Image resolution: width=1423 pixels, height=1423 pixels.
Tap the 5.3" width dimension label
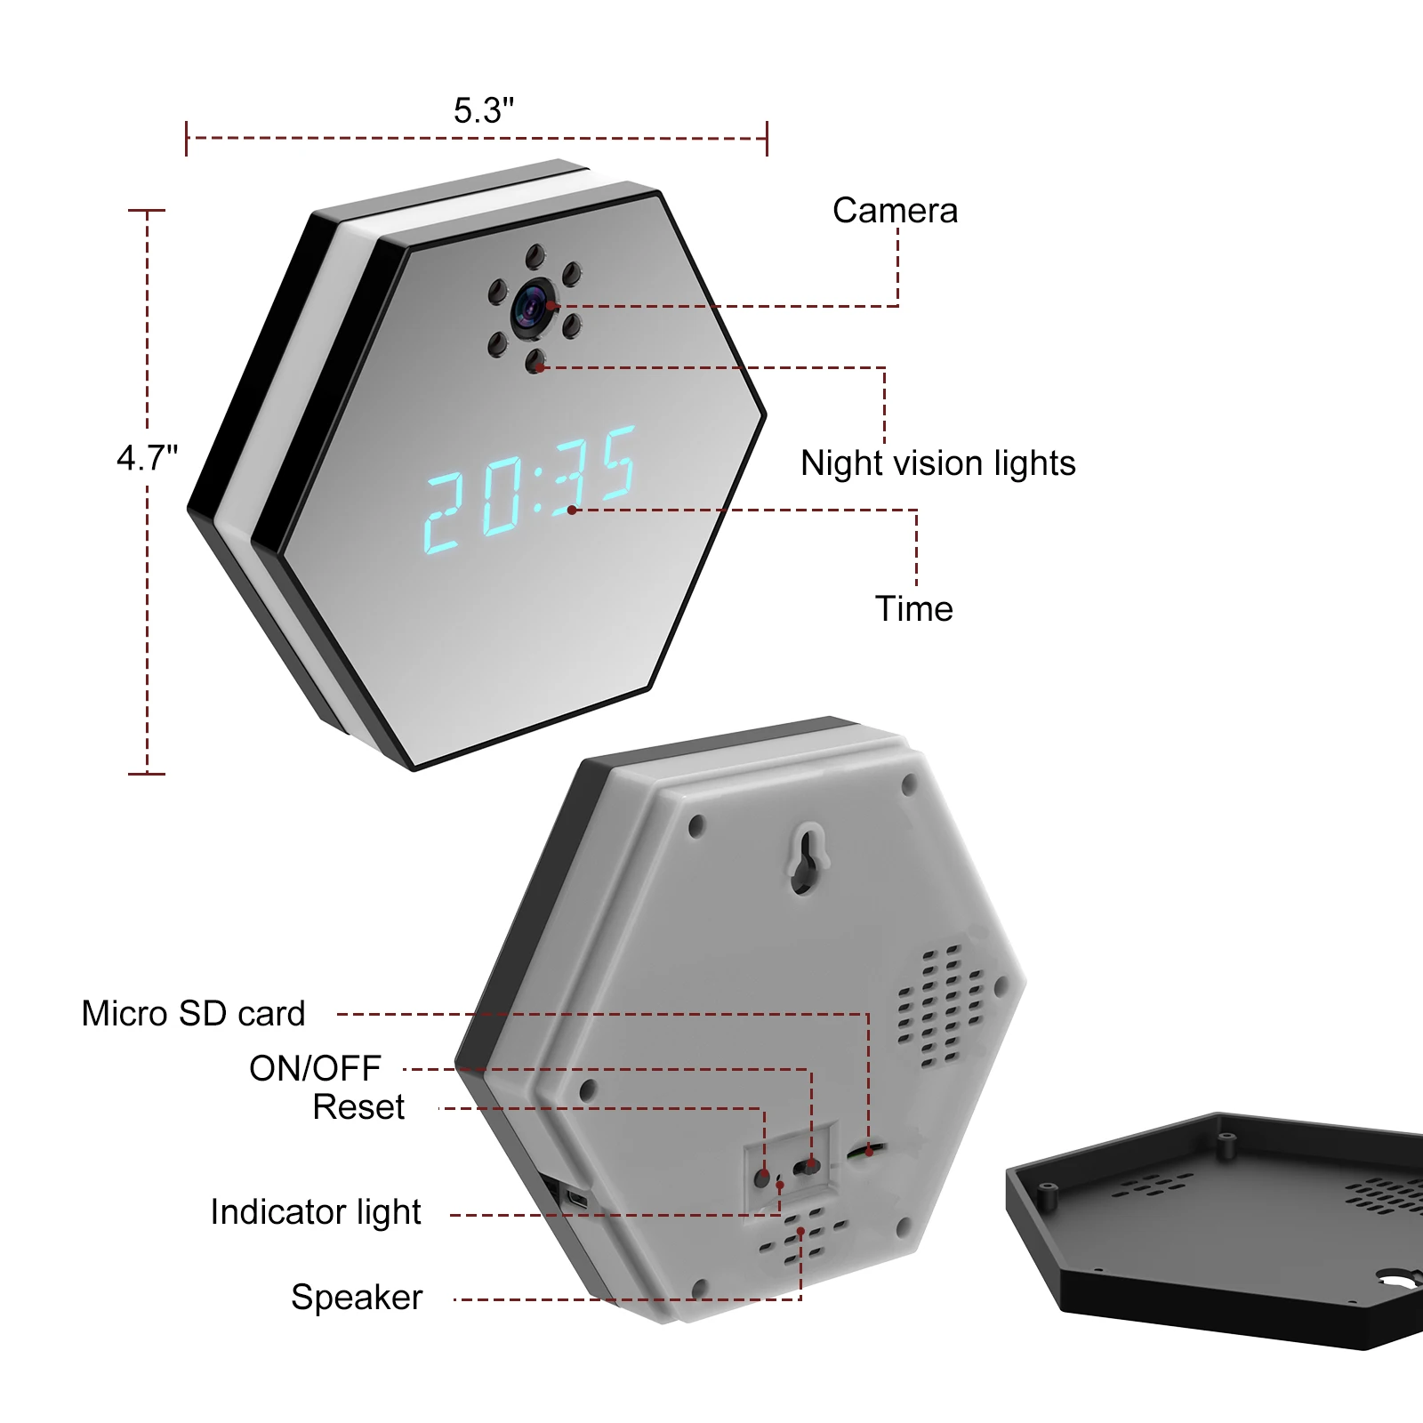click(x=483, y=111)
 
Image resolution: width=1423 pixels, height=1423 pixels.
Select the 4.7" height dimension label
click(x=147, y=458)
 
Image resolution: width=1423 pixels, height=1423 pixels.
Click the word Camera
click(x=895, y=211)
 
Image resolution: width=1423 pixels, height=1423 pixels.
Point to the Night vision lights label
click(x=937, y=463)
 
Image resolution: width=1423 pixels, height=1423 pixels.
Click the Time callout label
click(x=913, y=609)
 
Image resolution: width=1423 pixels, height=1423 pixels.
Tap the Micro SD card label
click(x=193, y=1014)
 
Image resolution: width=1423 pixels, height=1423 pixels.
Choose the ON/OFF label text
click(x=315, y=1068)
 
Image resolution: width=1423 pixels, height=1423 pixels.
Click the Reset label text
click(x=358, y=1107)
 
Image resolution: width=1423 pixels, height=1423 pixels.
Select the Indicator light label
click(x=315, y=1212)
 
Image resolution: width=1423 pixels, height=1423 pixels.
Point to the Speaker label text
click(x=357, y=1298)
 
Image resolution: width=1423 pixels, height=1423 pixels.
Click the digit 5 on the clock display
click(x=616, y=462)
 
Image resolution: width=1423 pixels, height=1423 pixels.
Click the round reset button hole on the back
click(x=762, y=1178)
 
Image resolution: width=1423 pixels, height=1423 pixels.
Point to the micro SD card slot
click(x=867, y=1151)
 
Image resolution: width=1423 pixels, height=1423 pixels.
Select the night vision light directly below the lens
click(x=535, y=361)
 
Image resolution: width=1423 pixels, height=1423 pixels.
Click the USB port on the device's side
click(x=578, y=1199)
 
